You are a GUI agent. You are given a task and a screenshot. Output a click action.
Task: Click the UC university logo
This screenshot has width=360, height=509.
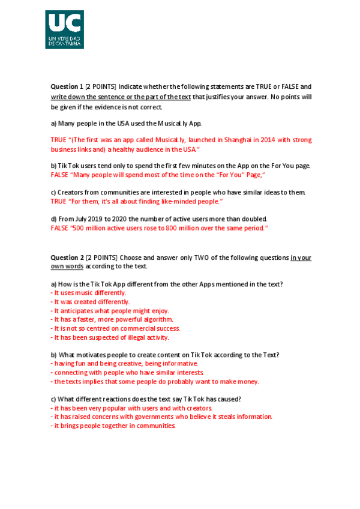pyautogui.click(x=64, y=29)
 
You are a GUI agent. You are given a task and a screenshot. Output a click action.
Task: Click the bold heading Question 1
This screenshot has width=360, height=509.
pyautogui.click(x=67, y=86)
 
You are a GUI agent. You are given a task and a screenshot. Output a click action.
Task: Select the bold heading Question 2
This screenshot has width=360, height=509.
pyautogui.click(x=67, y=258)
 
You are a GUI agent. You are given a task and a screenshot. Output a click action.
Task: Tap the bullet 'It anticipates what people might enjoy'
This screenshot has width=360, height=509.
pyautogui.click(x=110, y=311)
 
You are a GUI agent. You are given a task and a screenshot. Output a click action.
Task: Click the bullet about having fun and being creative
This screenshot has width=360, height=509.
pyautogui.click(x=124, y=364)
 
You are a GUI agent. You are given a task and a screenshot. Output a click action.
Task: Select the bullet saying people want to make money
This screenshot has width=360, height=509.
pyautogui.click(x=155, y=381)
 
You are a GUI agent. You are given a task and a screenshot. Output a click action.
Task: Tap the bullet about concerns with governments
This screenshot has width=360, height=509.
pyautogui.click(x=162, y=417)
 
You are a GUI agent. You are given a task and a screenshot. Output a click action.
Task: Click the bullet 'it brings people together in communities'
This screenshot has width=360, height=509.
pyautogui.click(x=113, y=426)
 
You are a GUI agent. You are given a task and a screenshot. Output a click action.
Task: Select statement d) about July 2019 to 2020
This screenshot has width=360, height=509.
pyautogui.click(x=159, y=218)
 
